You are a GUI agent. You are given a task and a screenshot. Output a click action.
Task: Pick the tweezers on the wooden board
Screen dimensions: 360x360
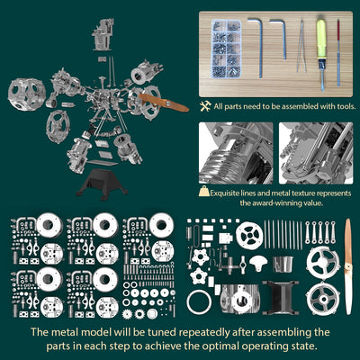point(301,41)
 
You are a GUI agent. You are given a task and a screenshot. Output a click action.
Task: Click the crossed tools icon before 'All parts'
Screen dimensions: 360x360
point(206,106)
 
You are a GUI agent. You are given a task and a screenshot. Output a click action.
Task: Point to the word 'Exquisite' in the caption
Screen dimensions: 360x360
point(229,192)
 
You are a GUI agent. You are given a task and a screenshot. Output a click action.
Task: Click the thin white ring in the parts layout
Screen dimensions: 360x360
point(203,298)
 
